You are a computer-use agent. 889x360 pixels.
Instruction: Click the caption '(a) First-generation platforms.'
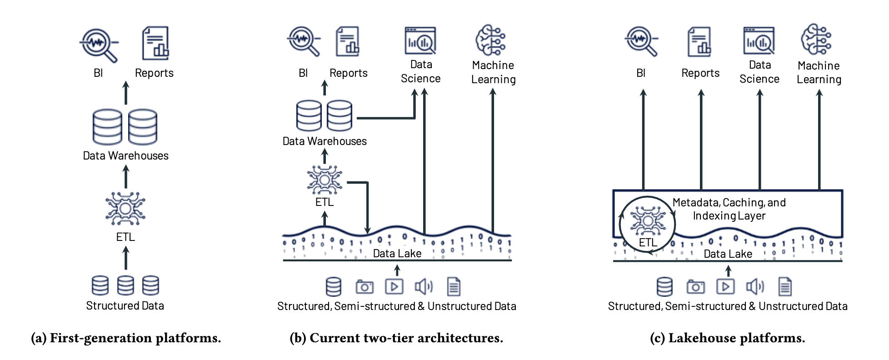(x=126, y=338)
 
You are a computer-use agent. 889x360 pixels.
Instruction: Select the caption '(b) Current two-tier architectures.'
(x=396, y=338)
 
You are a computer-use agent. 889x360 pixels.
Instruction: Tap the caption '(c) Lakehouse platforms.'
(x=727, y=338)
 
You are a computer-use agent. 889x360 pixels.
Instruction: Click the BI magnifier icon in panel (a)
(x=99, y=45)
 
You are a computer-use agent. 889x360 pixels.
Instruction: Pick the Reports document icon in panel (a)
(x=155, y=43)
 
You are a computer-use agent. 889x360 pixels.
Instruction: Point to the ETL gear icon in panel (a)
(x=125, y=209)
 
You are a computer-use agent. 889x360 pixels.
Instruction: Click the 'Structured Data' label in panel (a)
(x=125, y=305)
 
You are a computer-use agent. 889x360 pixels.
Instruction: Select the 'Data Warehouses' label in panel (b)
(x=325, y=141)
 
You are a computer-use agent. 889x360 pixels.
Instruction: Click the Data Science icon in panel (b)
(x=420, y=41)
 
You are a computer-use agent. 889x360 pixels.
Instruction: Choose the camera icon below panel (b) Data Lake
(x=365, y=287)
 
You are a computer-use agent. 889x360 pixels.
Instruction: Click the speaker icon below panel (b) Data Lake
(x=424, y=286)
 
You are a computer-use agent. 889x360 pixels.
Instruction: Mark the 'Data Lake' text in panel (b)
(x=397, y=254)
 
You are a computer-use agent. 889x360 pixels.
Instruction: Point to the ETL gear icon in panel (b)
(x=325, y=180)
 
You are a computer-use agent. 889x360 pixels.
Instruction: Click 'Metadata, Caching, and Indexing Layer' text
(x=729, y=209)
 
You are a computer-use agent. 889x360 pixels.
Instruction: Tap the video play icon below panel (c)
(x=725, y=286)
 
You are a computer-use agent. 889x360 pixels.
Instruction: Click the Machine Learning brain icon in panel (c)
(x=816, y=40)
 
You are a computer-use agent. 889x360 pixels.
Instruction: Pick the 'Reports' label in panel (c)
(x=700, y=73)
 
